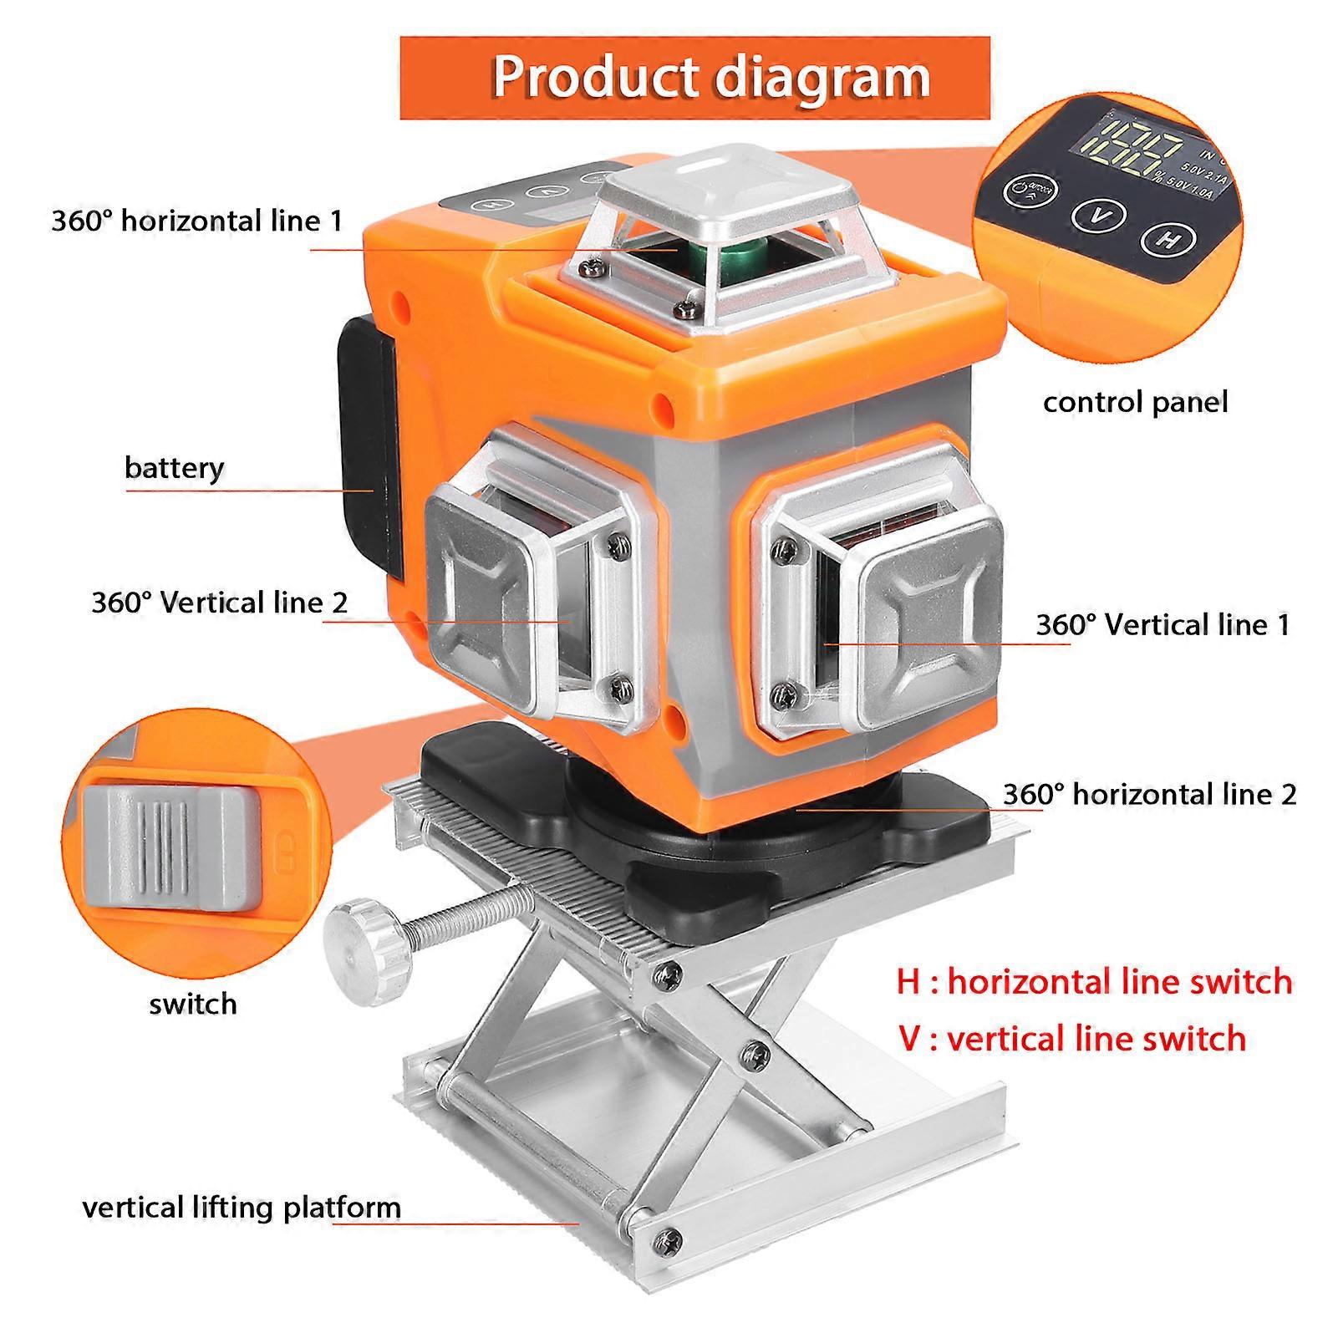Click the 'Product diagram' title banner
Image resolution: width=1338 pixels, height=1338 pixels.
[x=694, y=78]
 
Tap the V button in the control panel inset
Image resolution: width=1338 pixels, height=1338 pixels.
[x=1099, y=215]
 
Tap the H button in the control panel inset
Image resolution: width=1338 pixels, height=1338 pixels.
[x=1168, y=239]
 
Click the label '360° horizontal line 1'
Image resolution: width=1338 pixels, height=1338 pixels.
[x=197, y=221]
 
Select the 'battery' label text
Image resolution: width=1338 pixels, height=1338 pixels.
[x=175, y=467]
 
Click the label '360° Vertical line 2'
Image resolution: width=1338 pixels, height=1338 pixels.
[x=219, y=603]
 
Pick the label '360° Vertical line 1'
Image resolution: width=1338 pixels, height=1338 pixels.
[x=1162, y=625]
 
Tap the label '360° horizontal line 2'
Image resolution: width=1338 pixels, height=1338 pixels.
[x=1149, y=794]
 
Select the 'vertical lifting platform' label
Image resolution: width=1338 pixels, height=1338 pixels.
[x=242, y=1208]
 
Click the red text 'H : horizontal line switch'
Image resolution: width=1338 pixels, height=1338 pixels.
[x=1094, y=981]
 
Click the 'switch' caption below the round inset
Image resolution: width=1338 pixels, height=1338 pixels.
[x=193, y=1004]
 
